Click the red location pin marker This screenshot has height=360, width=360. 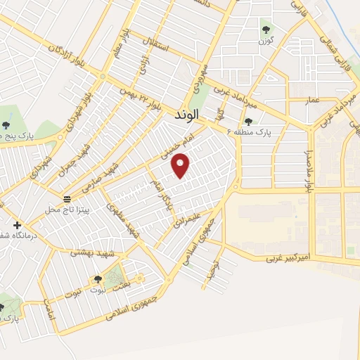(181, 166)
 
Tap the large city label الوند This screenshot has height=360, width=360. (185, 113)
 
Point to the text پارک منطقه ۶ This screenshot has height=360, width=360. (255, 131)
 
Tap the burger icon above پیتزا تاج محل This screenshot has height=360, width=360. (67, 199)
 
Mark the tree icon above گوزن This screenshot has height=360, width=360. (266, 30)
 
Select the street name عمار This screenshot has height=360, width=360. (313, 101)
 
